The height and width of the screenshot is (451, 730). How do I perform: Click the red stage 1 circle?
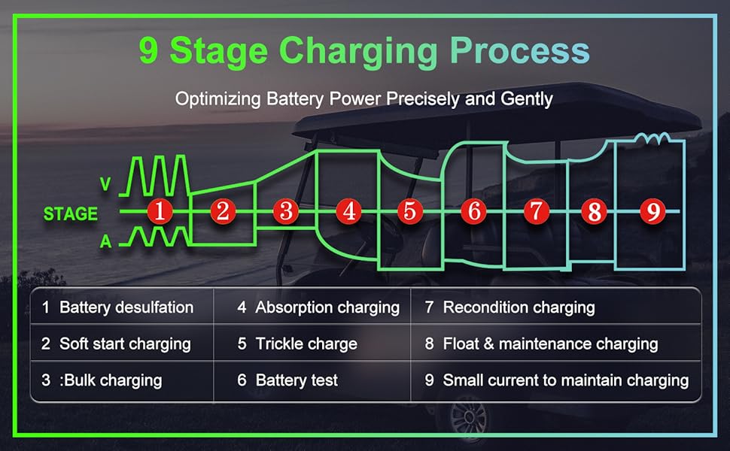pos(159,211)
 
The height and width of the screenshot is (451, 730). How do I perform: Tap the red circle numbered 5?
pos(409,211)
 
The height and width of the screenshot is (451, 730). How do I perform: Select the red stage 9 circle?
pos(652,212)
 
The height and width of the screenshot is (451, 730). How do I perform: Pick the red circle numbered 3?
pos(286,211)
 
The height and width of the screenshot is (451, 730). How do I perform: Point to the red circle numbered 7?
pos(535,211)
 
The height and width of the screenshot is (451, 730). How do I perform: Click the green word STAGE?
pos(71,214)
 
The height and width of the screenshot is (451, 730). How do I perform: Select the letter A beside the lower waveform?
pos(105,241)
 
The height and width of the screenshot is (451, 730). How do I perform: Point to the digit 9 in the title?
pos(149,51)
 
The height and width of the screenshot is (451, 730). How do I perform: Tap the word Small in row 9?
pos(463,380)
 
